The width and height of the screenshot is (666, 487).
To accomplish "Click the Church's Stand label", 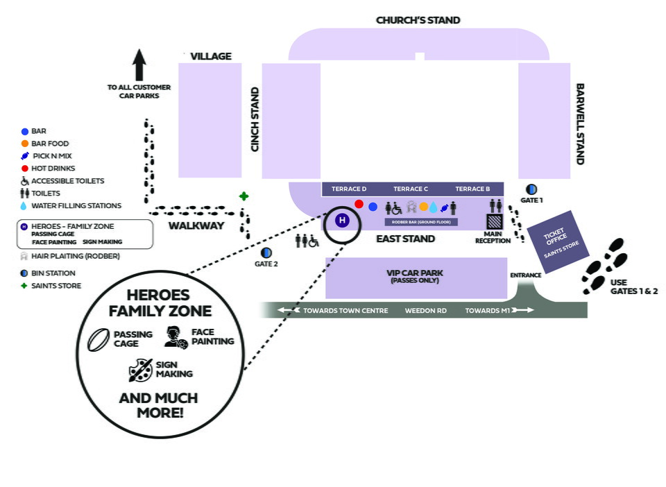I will (418, 20).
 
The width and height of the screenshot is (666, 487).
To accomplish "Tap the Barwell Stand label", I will (580, 124).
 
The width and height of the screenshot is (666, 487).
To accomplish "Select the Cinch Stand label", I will (255, 119).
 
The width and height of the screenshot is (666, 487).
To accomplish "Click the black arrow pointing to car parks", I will (139, 65).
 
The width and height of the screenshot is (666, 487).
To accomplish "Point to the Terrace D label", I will (349, 189).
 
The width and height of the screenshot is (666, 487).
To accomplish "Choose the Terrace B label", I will (472, 189).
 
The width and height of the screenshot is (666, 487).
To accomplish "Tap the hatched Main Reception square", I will (494, 222).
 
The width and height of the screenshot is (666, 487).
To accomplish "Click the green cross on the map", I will (244, 196).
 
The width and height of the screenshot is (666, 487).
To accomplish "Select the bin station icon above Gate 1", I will (531, 189).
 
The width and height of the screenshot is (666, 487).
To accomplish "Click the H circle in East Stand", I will (342, 221).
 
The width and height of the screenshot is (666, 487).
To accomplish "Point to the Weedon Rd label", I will (425, 310).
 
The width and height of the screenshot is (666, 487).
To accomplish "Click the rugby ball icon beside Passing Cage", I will (99, 339).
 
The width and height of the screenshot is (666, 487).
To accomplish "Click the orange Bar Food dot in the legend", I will (25, 144).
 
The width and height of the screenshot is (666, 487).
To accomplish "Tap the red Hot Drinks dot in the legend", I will (25, 169).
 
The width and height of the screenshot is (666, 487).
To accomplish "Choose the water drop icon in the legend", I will (25, 206).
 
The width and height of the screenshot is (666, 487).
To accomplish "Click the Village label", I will (211, 56).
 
